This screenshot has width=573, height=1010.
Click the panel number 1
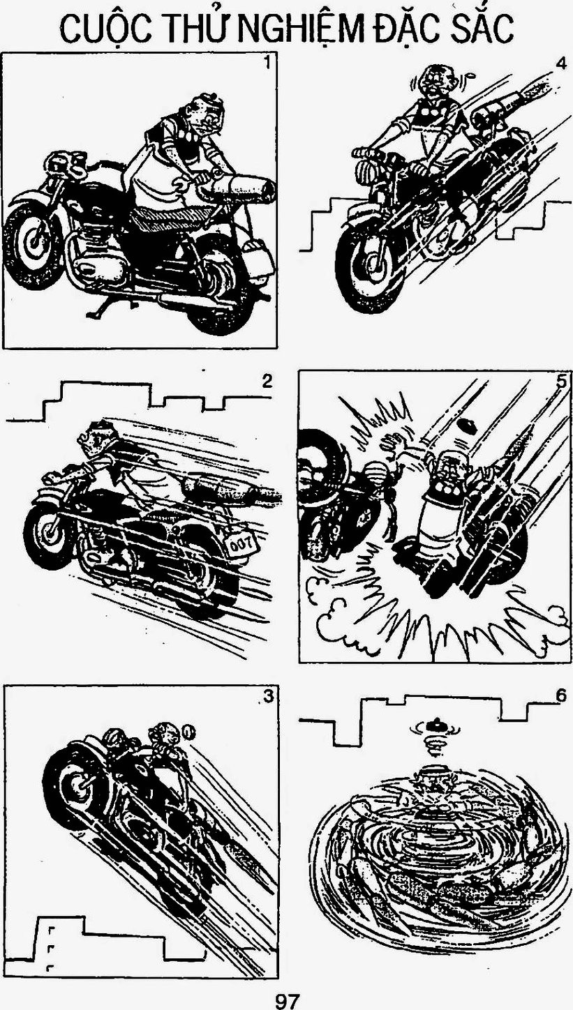[x=268, y=63]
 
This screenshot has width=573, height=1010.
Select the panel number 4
[x=560, y=64]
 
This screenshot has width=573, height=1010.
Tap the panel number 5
[x=560, y=382]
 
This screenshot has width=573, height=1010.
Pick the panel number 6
[x=561, y=695]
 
